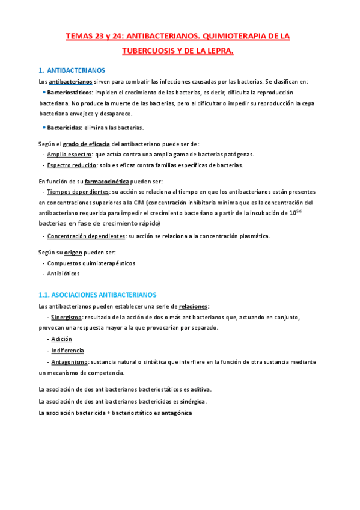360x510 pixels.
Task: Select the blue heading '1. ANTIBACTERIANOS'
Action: (72, 70)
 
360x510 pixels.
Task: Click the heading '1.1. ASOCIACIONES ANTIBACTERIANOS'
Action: (97, 295)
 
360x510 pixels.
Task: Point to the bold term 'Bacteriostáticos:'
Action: (70, 93)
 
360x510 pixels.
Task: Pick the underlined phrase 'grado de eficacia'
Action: (87, 144)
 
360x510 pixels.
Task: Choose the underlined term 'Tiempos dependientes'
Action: (78, 192)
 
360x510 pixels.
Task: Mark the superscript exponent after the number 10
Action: (299, 211)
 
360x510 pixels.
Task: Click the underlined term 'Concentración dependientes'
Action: (87, 236)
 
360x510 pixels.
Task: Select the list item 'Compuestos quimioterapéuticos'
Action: (91, 263)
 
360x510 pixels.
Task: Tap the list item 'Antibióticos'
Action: (63, 274)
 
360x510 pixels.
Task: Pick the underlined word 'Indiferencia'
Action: (67, 350)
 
